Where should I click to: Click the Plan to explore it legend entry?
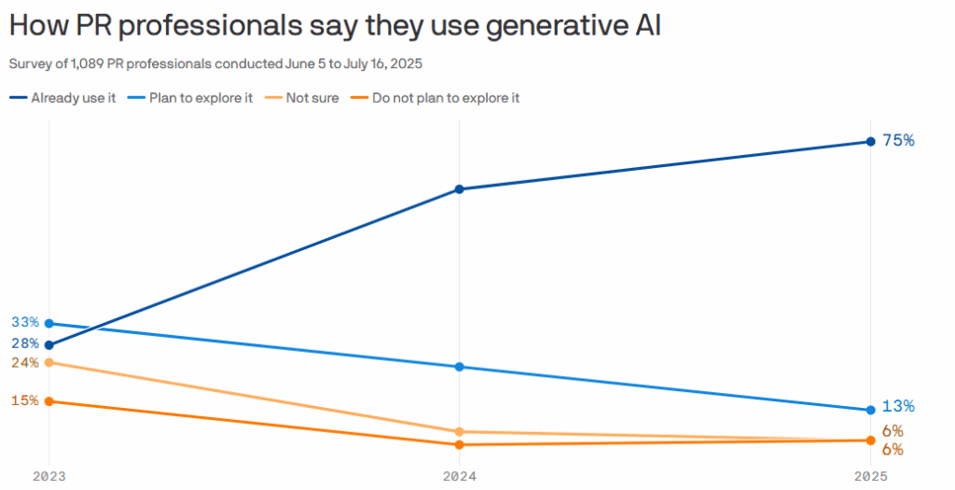click(x=201, y=97)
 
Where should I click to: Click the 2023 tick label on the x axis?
click(x=48, y=476)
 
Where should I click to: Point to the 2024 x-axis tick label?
click(x=459, y=476)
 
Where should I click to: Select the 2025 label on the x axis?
click(x=869, y=476)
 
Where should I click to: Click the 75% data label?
click(x=898, y=141)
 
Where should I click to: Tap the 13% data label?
click(x=898, y=407)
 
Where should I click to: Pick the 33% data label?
click(x=25, y=322)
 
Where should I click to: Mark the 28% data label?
click(x=25, y=343)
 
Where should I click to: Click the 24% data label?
click(x=25, y=363)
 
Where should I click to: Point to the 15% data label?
click(x=25, y=400)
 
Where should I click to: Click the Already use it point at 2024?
click(x=459, y=189)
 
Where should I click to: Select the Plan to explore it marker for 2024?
click(x=459, y=367)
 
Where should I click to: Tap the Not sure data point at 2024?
click(x=459, y=432)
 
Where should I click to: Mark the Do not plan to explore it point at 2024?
click(x=459, y=445)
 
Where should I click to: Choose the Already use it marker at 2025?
click(x=869, y=142)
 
